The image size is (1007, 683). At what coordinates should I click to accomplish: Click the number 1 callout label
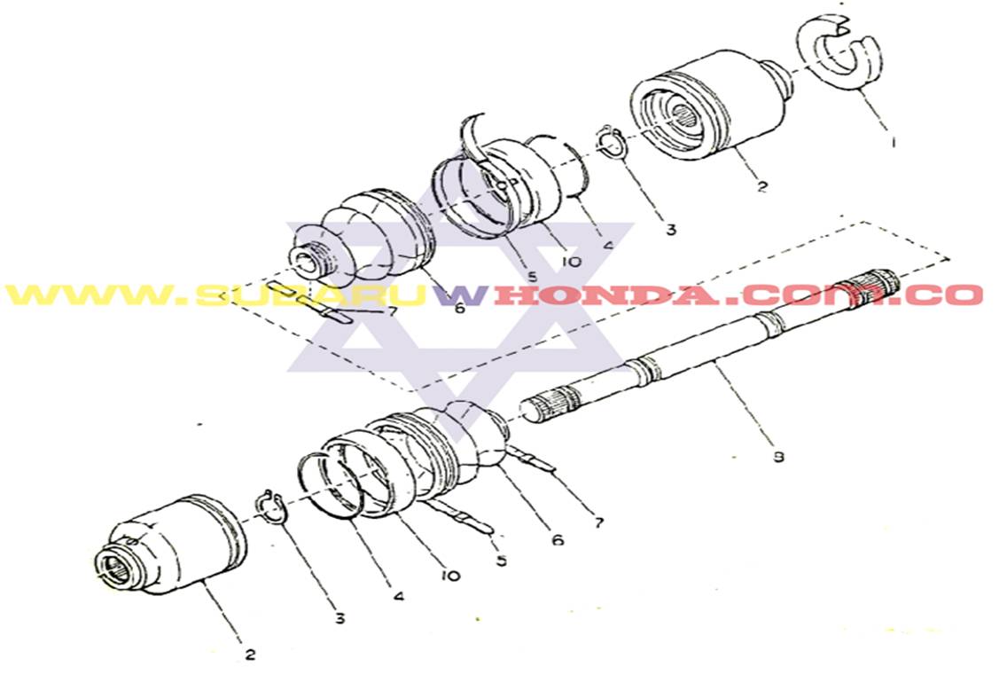pos(894,140)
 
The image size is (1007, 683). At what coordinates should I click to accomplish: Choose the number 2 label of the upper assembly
pos(762,186)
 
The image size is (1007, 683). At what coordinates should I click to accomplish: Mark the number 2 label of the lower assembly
pos(250,655)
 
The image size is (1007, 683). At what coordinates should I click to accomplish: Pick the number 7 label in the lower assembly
pos(599,522)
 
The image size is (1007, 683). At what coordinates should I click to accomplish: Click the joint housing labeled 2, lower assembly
pos(168,546)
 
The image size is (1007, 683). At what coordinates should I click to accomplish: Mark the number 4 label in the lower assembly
pos(399,597)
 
